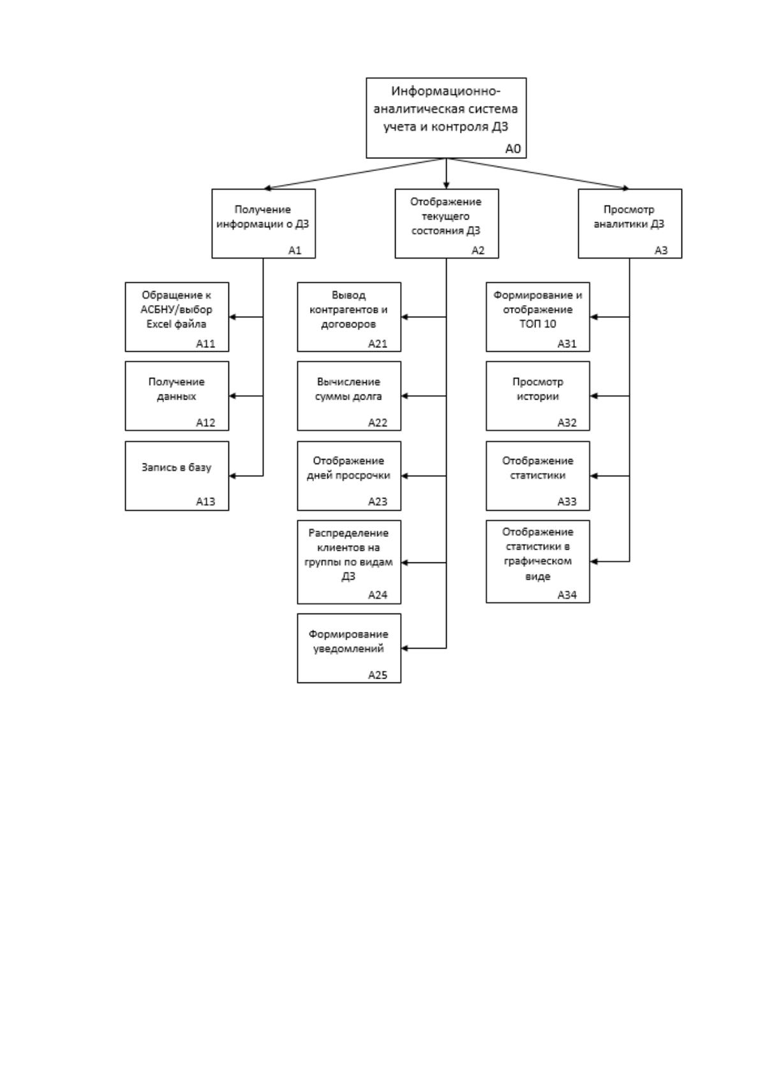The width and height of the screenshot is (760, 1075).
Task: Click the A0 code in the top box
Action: pyautogui.click(x=513, y=149)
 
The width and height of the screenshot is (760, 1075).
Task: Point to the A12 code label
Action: pyautogui.click(x=205, y=423)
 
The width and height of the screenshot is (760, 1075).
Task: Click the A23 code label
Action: pyautogui.click(x=378, y=502)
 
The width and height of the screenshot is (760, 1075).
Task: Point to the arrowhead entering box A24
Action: pyautogui.click(x=405, y=562)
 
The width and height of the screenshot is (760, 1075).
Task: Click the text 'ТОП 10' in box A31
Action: pyautogui.click(x=538, y=324)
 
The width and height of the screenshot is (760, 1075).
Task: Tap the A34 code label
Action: pyautogui.click(x=567, y=595)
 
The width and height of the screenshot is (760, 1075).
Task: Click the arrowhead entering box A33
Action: pyautogui.click(x=593, y=476)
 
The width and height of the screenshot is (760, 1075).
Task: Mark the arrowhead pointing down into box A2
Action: pyautogui.click(x=447, y=185)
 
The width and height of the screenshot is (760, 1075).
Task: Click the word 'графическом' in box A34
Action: pyautogui.click(x=538, y=561)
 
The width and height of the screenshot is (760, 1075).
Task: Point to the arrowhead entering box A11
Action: pyautogui.click(x=233, y=317)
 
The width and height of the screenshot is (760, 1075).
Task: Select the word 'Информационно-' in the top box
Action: pyautogui.click(x=446, y=91)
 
